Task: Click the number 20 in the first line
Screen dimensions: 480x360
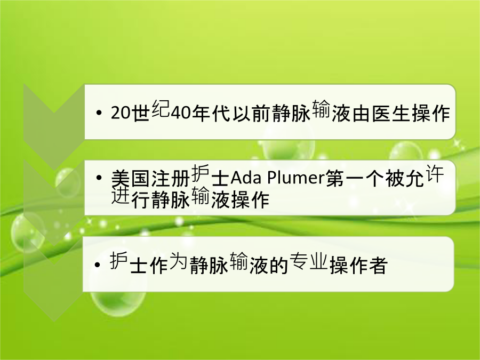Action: click(121, 114)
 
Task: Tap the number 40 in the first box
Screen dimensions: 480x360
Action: click(181, 114)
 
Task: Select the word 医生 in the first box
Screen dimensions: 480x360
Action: click(391, 114)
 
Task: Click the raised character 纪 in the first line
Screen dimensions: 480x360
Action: click(161, 109)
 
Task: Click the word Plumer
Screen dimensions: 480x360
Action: click(296, 178)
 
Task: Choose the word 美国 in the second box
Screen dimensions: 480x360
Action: click(131, 178)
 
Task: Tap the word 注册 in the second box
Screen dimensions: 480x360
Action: click(170, 178)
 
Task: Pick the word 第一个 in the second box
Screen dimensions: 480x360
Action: click(355, 178)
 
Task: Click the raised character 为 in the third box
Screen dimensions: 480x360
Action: click(178, 260)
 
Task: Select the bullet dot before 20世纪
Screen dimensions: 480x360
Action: click(98, 113)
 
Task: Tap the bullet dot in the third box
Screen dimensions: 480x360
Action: click(98, 265)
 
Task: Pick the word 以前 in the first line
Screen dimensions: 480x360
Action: click(252, 114)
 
